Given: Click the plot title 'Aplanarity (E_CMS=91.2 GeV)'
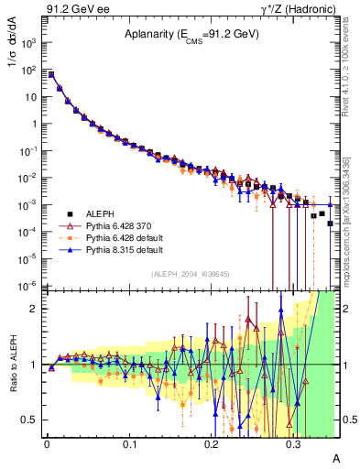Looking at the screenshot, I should coord(191,35).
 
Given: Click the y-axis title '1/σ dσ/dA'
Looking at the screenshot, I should coord(12,55).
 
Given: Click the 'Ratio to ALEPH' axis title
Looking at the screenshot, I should coord(12,366).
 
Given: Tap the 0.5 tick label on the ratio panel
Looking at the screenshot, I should coord(30,420).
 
